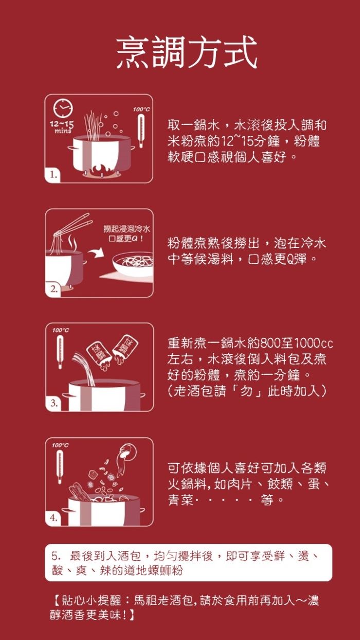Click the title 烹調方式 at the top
pyautogui.click(x=187, y=53)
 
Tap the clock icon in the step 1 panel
pyautogui.click(x=63, y=108)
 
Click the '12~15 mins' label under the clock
pyautogui.click(x=62, y=127)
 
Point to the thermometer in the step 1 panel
pyautogui.click(x=140, y=131)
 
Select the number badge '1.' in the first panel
pyautogui.click(x=53, y=174)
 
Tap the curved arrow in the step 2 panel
pyautogui.click(x=96, y=253)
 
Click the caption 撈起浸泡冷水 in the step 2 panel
pyautogui.click(x=127, y=229)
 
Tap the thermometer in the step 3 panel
pyautogui.click(x=60, y=352)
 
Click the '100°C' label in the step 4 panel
pyautogui.click(x=60, y=445)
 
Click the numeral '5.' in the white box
pyautogui.click(x=56, y=556)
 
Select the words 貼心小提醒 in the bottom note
pyautogui.click(x=91, y=600)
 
